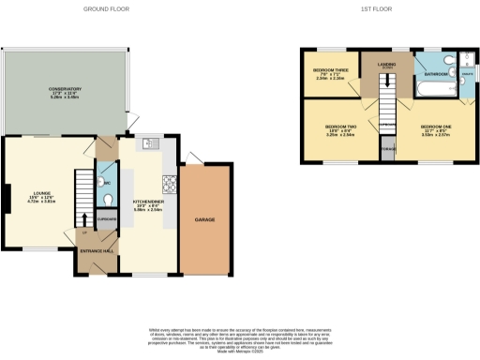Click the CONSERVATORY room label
click(x=65, y=90)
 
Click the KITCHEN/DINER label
click(x=148, y=206)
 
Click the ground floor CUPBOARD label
click(x=107, y=219)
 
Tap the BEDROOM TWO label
click(x=340, y=128)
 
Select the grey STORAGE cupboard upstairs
click(x=387, y=149)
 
